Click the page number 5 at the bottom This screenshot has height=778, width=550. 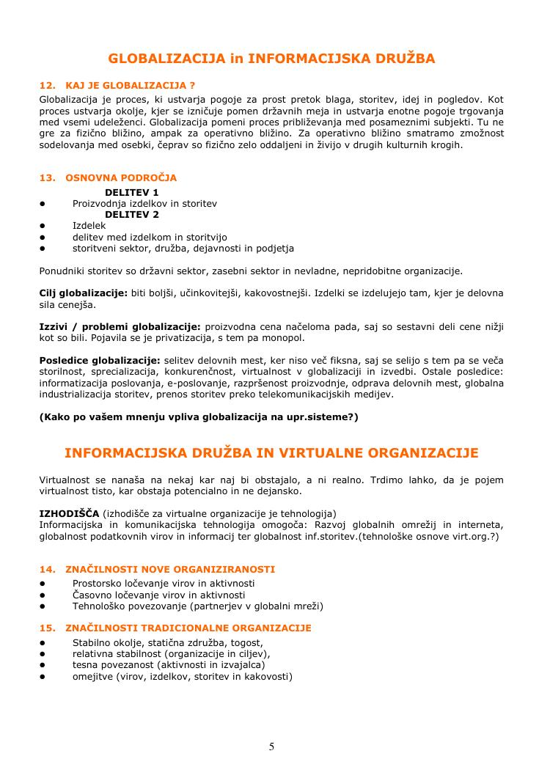pyautogui.click(x=271, y=746)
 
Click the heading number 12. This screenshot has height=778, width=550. pyautogui.click(x=46, y=85)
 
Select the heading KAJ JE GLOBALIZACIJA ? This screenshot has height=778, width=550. pyautogui.click(x=130, y=85)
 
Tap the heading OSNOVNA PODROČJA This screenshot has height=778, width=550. pyautogui.click(x=121, y=177)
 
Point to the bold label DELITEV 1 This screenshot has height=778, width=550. pyautogui.click(x=132, y=192)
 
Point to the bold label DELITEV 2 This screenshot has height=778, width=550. pyautogui.click(x=132, y=215)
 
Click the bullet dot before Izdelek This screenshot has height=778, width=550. pyautogui.click(x=43, y=227)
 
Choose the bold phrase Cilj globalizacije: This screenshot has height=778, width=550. pyautogui.click(x=83, y=293)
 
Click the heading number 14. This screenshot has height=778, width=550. pyautogui.click(x=46, y=569)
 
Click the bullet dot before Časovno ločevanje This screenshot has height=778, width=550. pyautogui.click(x=43, y=595)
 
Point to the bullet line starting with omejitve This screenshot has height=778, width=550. pyautogui.click(x=182, y=676)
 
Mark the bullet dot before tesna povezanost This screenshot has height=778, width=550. pyautogui.click(x=43, y=665)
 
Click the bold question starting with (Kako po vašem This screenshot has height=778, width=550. pyautogui.click(x=199, y=417)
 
